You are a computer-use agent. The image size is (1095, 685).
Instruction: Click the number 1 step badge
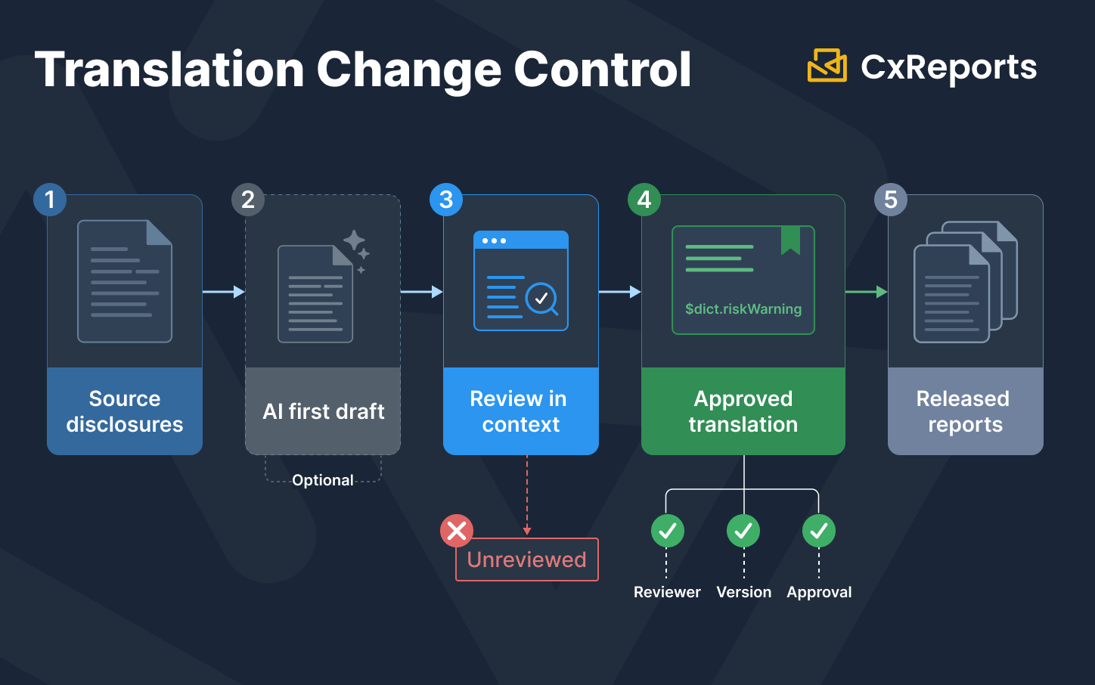point(50,200)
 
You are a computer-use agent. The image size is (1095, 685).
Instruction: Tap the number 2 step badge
point(248,200)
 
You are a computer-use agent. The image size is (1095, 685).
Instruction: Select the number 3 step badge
point(446,200)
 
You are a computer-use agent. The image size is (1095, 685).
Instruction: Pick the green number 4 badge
point(644,200)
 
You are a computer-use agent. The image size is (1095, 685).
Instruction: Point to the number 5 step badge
point(891,200)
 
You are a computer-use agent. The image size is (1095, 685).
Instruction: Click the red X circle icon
point(457,531)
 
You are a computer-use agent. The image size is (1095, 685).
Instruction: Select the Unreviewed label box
point(527,559)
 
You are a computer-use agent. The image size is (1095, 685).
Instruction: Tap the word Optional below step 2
point(323,480)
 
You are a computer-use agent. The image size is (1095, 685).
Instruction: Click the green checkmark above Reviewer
point(667,531)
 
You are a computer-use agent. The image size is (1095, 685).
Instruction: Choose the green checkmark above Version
point(743,531)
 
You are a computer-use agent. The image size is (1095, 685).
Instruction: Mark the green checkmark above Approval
point(819,531)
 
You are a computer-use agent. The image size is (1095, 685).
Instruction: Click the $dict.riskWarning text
point(743,308)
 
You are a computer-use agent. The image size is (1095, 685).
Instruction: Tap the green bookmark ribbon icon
point(790,240)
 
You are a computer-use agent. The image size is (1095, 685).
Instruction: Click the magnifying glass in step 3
point(541,299)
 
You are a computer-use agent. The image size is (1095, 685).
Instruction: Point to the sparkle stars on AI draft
point(356,251)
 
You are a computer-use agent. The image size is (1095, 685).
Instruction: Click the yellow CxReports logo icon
point(827,66)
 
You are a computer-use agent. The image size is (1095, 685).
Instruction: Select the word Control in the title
point(603,70)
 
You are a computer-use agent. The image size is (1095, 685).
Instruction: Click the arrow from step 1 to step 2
point(224,292)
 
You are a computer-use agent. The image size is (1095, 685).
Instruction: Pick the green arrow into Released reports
point(867,292)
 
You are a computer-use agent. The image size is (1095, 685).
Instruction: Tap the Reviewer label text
point(667,592)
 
